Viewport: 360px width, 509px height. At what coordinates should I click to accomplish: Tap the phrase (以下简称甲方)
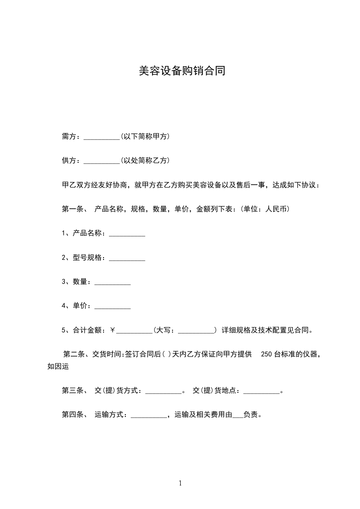(x=145, y=136)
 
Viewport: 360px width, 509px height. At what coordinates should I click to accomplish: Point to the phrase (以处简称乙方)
(x=145, y=160)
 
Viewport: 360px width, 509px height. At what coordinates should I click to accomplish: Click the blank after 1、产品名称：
(x=127, y=234)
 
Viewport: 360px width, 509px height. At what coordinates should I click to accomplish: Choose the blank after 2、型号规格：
(x=127, y=259)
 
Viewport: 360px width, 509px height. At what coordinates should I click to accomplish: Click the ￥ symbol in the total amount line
(x=113, y=330)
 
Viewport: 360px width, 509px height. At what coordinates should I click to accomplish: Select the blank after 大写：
(x=197, y=332)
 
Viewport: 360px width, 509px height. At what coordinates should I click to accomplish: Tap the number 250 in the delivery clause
(x=267, y=355)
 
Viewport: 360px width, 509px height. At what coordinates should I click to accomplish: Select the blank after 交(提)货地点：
(x=262, y=392)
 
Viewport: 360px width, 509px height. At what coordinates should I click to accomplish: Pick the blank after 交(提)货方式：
(x=163, y=392)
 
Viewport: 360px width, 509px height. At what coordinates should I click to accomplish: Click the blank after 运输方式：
(x=148, y=416)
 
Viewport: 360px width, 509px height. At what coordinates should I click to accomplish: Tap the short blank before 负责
(x=237, y=416)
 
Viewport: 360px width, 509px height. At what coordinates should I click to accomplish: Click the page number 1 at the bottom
(x=180, y=483)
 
